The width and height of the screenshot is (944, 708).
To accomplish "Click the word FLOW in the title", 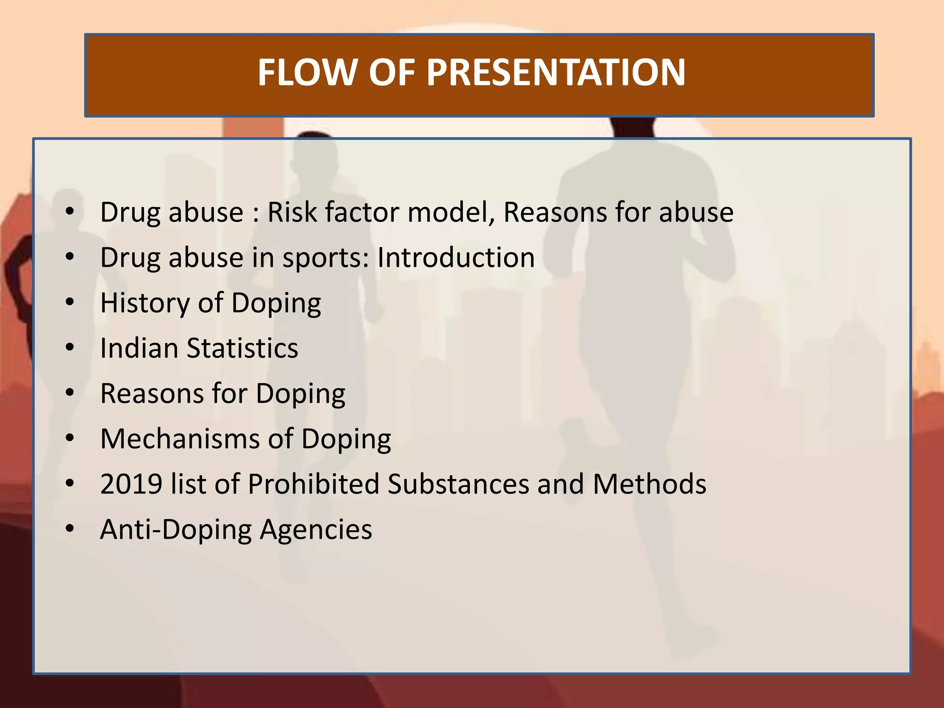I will point(307,72).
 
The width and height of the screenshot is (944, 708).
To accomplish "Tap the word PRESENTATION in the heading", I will point(556,72).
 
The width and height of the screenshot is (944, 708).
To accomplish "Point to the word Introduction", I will point(456,257).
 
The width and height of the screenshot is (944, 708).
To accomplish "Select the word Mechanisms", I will point(179,438).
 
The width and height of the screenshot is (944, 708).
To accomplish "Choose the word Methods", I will point(649,484).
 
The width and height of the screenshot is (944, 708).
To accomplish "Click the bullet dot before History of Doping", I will point(70,303).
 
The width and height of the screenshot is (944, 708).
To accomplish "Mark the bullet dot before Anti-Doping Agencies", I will point(70,529).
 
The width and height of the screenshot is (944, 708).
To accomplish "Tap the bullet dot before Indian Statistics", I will point(70,348).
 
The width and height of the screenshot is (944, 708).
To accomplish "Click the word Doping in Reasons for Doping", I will point(301,394).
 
